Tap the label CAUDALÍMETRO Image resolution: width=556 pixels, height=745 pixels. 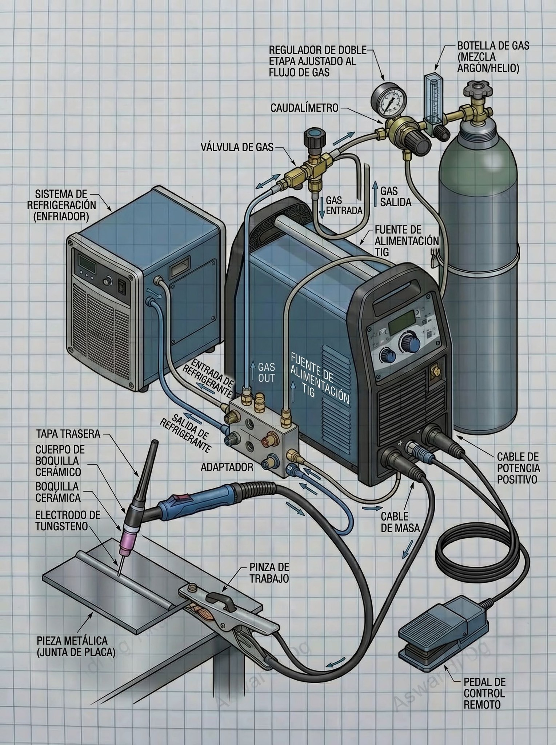(304, 108)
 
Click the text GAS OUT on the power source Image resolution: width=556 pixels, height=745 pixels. (267, 372)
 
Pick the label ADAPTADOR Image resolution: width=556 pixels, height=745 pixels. (227, 467)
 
